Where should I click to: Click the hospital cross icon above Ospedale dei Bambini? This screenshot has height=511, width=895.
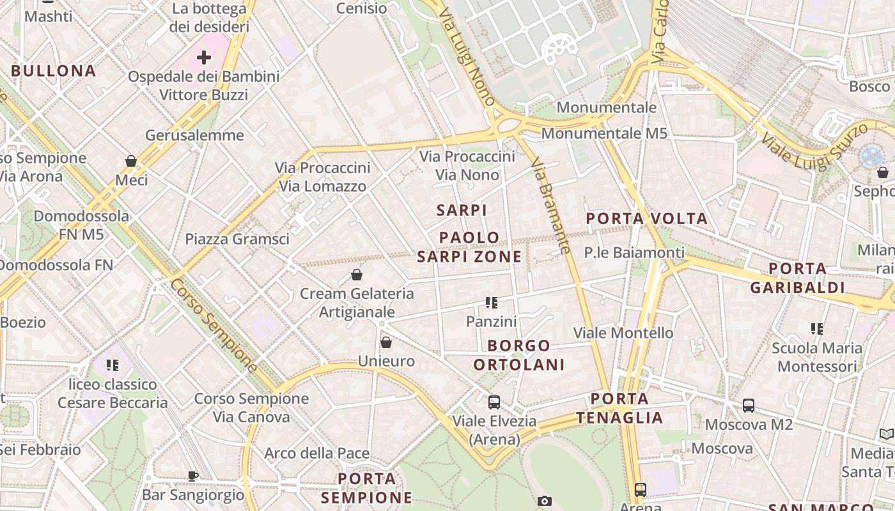pos(204,57)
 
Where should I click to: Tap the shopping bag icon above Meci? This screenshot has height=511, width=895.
pos(131,161)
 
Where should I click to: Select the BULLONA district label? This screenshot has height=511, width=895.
pos(54,71)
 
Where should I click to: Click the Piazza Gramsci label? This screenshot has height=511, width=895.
pos(237,239)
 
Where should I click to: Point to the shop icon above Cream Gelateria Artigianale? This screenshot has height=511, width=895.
pos(357,275)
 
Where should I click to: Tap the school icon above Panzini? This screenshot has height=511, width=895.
pos(491,302)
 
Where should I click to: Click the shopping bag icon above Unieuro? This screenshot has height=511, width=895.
pos(385,342)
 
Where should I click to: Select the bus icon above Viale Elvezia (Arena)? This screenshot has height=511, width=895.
pos(494,402)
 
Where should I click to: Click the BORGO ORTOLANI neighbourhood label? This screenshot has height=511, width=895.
pos(526,355)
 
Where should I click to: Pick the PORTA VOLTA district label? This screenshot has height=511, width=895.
pos(647,218)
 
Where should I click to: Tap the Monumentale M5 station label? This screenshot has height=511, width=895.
pos(604,133)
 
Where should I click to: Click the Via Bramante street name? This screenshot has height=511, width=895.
pos(550,206)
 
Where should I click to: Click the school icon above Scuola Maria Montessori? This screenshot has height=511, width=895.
pos(816,329)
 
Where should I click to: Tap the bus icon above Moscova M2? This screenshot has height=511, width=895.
pos(748,405)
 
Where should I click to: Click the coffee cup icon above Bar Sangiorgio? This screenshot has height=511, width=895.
pos(192,475)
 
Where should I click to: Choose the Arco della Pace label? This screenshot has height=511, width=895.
pos(317,454)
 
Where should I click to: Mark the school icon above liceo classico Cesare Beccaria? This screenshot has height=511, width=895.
pos(113,365)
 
